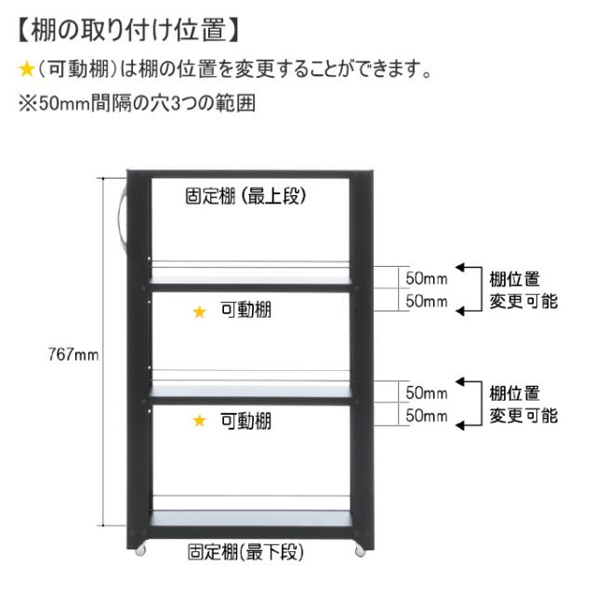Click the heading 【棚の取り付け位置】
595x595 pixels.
(128, 31)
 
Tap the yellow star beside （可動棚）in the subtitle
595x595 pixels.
(27, 70)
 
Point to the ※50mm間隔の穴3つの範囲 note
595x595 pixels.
(138, 103)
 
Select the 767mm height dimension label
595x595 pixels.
(73, 354)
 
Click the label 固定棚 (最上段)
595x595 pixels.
(245, 196)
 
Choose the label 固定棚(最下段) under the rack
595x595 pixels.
(245, 551)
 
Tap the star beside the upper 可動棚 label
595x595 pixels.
(200, 312)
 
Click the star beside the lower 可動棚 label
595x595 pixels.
(200, 420)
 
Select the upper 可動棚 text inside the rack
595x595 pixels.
(246, 310)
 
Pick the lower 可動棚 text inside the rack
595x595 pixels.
(246, 421)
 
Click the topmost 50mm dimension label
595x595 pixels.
(427, 278)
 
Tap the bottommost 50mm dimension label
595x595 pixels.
(427, 416)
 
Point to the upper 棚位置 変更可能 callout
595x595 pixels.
(523, 290)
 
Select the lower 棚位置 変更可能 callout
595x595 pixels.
(523, 404)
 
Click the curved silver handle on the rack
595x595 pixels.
(121, 218)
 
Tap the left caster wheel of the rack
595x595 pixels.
(140, 551)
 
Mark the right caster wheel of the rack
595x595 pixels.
(360, 551)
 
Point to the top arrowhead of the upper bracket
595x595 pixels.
(460, 268)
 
